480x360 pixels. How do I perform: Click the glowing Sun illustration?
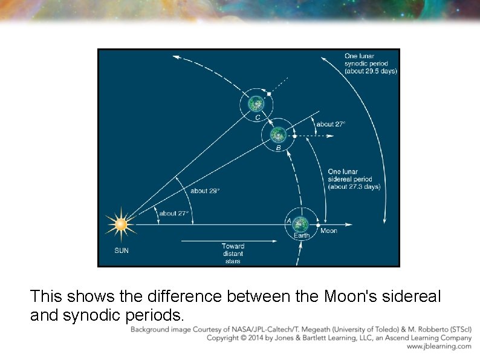pos(121,224)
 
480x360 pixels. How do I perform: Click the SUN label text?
pos(122,250)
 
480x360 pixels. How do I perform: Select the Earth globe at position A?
pos(301,225)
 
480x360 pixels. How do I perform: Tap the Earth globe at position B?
pos(278,134)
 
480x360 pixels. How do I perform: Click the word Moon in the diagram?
pos(329,231)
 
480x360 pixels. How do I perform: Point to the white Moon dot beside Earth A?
pos(317,225)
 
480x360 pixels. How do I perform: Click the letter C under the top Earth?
pos(257,117)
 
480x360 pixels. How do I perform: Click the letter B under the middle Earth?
pos(278,148)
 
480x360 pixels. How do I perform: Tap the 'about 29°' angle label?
pos(205,191)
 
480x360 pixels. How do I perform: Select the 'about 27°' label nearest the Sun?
pos(174,213)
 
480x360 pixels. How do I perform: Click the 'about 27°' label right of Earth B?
pos(331,124)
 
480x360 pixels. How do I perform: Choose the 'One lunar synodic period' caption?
pos(370,64)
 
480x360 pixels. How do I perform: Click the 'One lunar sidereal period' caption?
pos(354,179)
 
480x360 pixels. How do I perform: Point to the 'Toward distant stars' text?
pos(233,254)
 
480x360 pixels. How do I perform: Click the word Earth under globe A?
pos(302,235)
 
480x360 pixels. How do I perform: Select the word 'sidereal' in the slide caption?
pos(403,296)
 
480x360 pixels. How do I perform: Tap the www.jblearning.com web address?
pos(439,347)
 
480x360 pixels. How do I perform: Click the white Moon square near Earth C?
pos(269,94)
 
